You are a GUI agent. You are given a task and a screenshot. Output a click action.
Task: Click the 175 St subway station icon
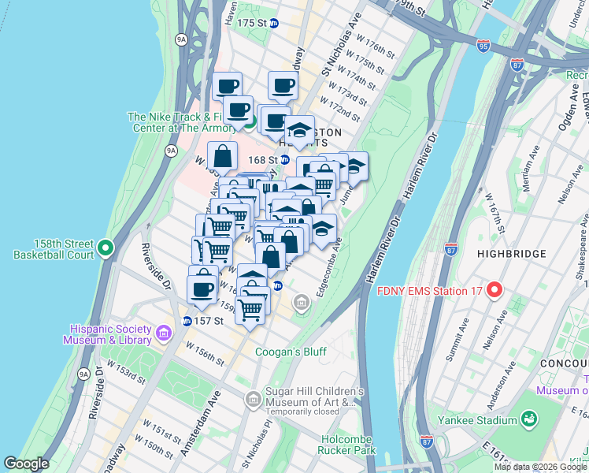tap(273, 24)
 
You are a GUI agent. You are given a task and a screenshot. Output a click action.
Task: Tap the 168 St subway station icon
tap(284, 159)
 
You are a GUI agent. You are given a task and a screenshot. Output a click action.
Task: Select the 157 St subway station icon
tap(187, 321)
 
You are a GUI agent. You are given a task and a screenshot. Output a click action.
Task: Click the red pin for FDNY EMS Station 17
tap(495, 289)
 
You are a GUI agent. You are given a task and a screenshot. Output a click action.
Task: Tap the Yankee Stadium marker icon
tap(529, 415)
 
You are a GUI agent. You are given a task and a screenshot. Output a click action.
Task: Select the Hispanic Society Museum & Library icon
tap(163, 334)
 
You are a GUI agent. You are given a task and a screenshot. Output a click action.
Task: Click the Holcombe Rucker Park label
tap(349, 445)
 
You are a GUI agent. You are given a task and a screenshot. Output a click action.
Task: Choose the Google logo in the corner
tap(26, 464)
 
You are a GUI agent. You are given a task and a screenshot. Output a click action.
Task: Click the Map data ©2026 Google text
tap(539, 467)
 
